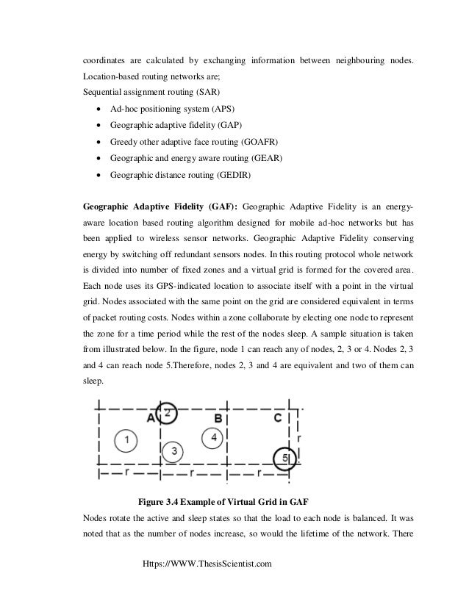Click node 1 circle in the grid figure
(x=127, y=439)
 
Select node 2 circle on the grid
(x=168, y=412)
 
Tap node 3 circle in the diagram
(x=173, y=450)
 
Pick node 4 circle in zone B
(x=214, y=438)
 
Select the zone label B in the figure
(x=218, y=418)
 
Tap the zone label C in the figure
(x=277, y=418)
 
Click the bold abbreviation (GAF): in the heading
(x=222, y=208)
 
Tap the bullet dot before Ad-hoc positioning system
(x=98, y=109)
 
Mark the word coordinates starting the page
(x=105, y=58)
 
